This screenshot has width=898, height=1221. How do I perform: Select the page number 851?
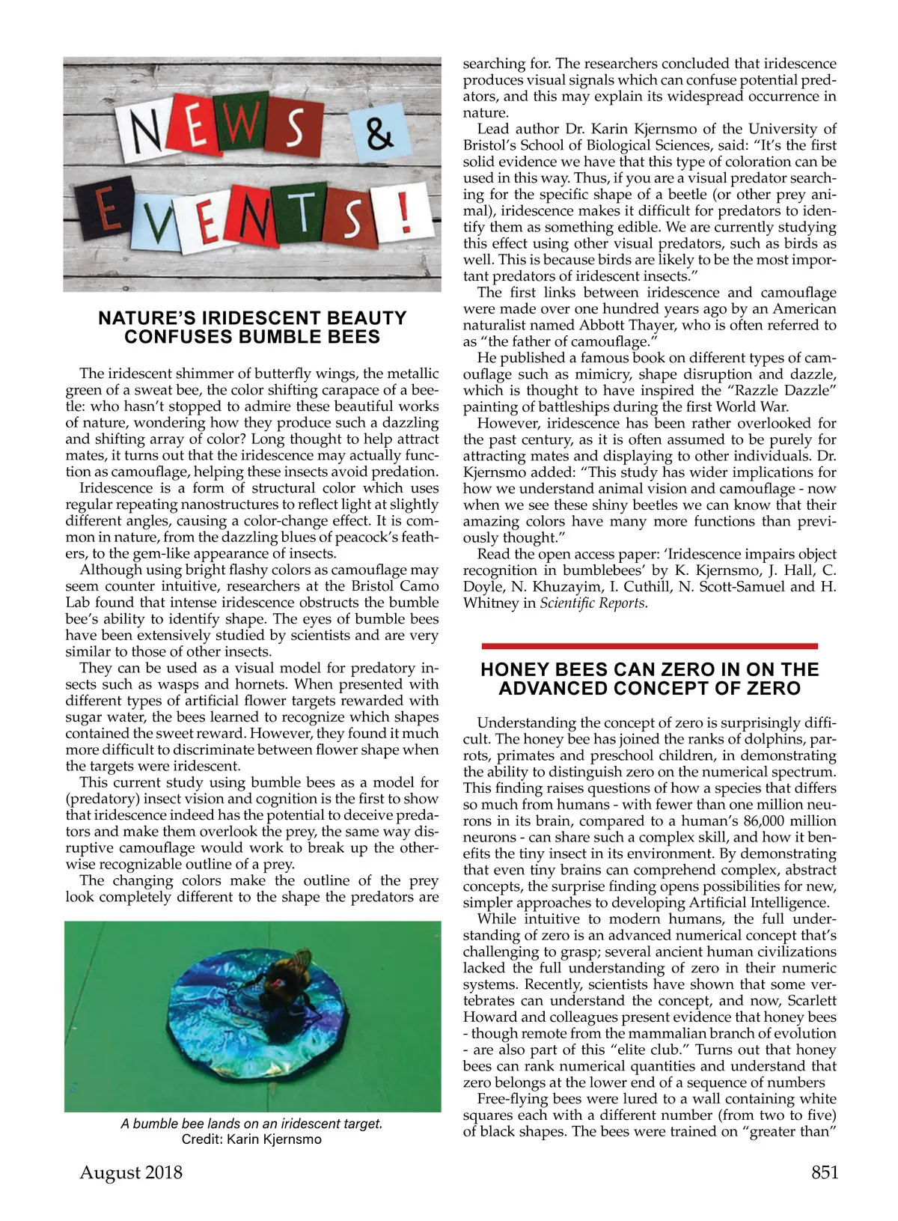(825, 1172)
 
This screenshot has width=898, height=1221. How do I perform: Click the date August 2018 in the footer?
(131, 1172)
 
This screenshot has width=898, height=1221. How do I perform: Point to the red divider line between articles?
(649, 645)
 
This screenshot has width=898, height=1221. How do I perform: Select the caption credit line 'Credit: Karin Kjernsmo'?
(251, 1139)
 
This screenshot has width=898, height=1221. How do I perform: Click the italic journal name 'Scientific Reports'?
(593, 603)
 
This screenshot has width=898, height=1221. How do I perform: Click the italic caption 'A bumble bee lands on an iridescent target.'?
(251, 1124)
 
